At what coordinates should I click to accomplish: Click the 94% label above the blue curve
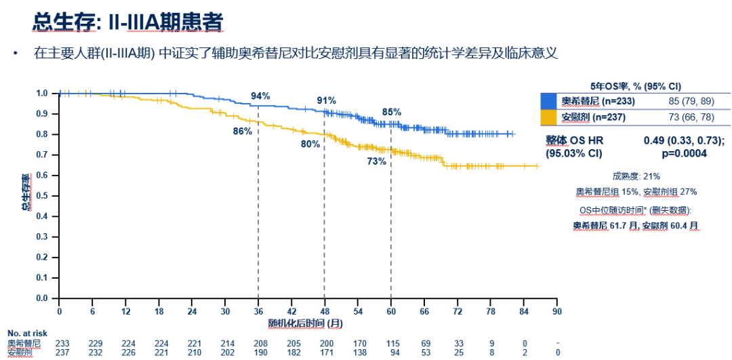[260, 96]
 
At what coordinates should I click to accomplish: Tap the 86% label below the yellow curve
[243, 132]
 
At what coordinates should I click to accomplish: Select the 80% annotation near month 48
[310, 144]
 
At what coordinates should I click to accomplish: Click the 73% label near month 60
[377, 161]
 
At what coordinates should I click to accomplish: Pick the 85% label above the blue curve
[392, 112]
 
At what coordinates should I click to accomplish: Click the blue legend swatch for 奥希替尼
[549, 102]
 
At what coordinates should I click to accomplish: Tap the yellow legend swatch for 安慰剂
[549, 117]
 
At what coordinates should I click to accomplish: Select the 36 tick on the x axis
[258, 311]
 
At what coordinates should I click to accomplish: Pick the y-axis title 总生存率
[25, 193]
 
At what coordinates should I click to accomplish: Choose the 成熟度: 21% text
[636, 176]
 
